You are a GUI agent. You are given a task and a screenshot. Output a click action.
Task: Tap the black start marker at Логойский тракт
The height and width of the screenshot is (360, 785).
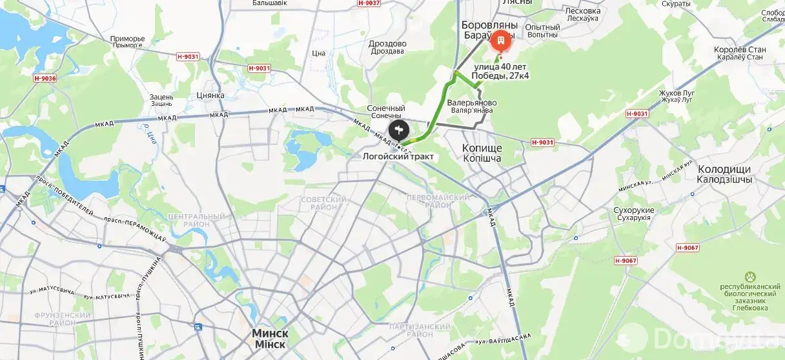coord(400,132)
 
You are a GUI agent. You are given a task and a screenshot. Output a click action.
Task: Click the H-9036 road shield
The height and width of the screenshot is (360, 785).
coord(45,79)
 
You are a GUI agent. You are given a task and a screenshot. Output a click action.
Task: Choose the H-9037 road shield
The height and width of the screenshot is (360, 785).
coord(369,3)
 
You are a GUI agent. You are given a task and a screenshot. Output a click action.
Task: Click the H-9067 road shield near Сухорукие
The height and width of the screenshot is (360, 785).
coord(689,248)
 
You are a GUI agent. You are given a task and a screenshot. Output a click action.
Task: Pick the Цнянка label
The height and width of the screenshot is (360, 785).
coord(210,95)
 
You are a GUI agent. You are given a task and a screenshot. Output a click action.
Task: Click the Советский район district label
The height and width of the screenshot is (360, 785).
coord(323,203)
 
